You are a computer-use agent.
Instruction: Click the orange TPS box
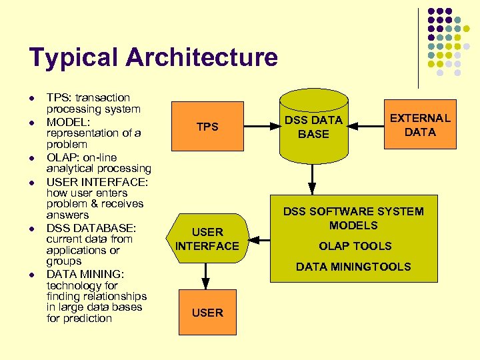point(207,127)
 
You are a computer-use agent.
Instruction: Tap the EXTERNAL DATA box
point(420,125)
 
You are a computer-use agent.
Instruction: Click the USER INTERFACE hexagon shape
point(207,239)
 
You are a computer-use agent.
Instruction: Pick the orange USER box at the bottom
point(207,312)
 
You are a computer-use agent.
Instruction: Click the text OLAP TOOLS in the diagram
point(355,246)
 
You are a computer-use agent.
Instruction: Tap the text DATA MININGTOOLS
point(353,267)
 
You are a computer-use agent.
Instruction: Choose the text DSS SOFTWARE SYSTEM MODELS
point(353,218)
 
